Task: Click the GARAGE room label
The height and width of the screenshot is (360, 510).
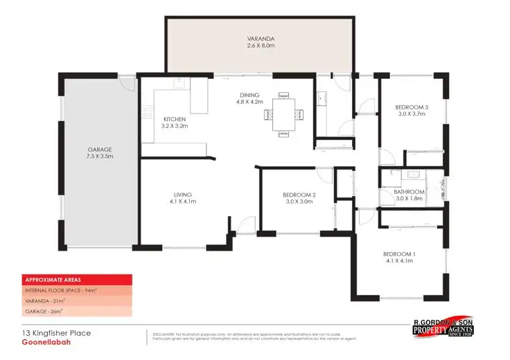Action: click(100, 150)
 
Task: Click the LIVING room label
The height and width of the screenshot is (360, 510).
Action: click(183, 195)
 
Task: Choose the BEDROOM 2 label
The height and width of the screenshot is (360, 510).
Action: click(299, 195)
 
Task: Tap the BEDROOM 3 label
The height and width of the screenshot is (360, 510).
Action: click(412, 107)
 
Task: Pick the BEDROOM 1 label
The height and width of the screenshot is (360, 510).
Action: click(398, 254)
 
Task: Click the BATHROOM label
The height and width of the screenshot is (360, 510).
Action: click(409, 192)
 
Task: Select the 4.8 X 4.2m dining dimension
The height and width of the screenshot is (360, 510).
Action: click(249, 102)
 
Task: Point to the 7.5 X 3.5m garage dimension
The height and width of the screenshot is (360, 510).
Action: click(100, 157)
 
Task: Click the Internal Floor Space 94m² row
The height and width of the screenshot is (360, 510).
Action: click(60, 291)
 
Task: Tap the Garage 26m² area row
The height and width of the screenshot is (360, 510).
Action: click(44, 312)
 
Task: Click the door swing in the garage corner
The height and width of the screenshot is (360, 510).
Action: click(125, 84)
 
